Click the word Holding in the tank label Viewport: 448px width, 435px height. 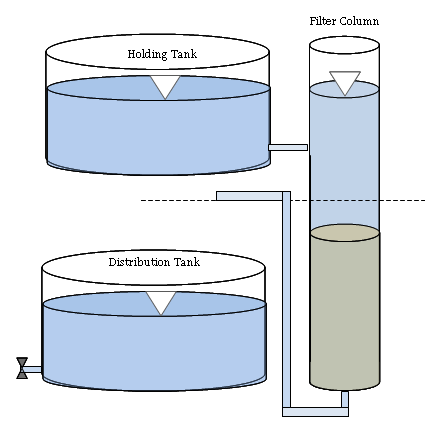click(x=147, y=54)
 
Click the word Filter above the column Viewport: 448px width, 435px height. click(x=321, y=21)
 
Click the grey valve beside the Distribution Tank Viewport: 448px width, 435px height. click(x=22, y=368)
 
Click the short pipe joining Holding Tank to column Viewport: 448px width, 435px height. click(x=288, y=147)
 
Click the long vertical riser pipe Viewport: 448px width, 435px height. click(x=286, y=299)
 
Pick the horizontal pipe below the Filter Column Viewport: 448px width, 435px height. click(x=315, y=412)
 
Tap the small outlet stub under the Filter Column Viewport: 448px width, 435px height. click(x=345, y=399)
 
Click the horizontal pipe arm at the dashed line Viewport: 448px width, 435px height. click(x=250, y=196)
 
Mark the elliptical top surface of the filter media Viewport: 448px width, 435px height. click(x=345, y=233)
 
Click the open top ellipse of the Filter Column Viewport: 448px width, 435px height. click(x=344, y=45)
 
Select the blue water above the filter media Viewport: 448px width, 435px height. click(x=344, y=160)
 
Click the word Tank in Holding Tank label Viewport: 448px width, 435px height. click(x=184, y=54)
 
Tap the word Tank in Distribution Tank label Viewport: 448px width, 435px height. click(x=187, y=262)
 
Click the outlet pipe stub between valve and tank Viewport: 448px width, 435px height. click(x=34, y=369)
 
